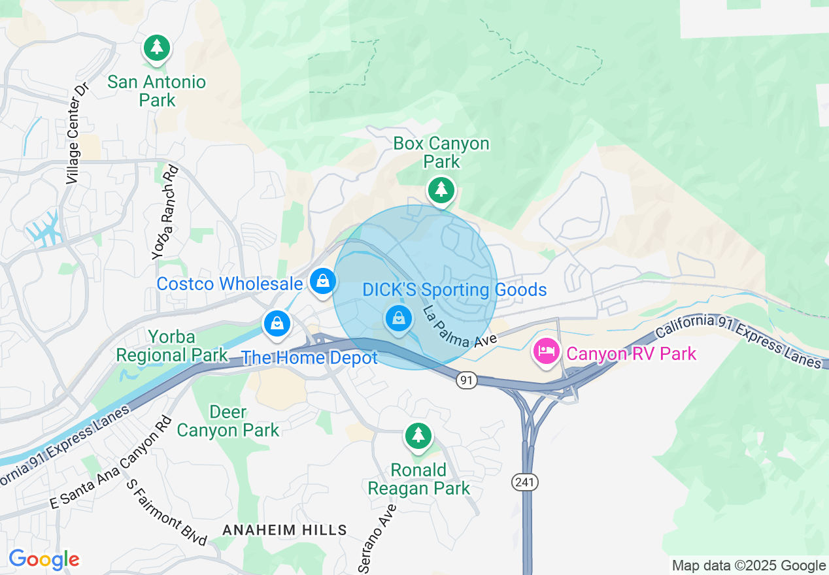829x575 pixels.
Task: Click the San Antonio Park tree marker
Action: (156, 48)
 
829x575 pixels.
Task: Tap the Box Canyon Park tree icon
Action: (442, 189)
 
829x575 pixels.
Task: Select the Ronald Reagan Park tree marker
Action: (418, 435)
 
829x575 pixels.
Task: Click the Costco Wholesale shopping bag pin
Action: (322, 282)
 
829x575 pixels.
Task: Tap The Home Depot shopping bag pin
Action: (277, 323)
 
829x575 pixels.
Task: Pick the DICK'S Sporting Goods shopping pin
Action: (398, 318)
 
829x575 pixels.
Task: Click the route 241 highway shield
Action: (524, 482)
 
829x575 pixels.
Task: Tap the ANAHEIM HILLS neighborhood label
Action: (284, 530)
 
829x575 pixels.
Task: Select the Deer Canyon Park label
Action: (228, 421)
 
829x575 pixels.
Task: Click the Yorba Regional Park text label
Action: (172, 346)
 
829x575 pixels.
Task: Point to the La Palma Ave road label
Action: (460, 326)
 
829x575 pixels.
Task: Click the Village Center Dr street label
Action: (77, 133)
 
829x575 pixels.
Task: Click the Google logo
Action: (44, 560)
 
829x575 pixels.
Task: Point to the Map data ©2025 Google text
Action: (749, 565)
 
